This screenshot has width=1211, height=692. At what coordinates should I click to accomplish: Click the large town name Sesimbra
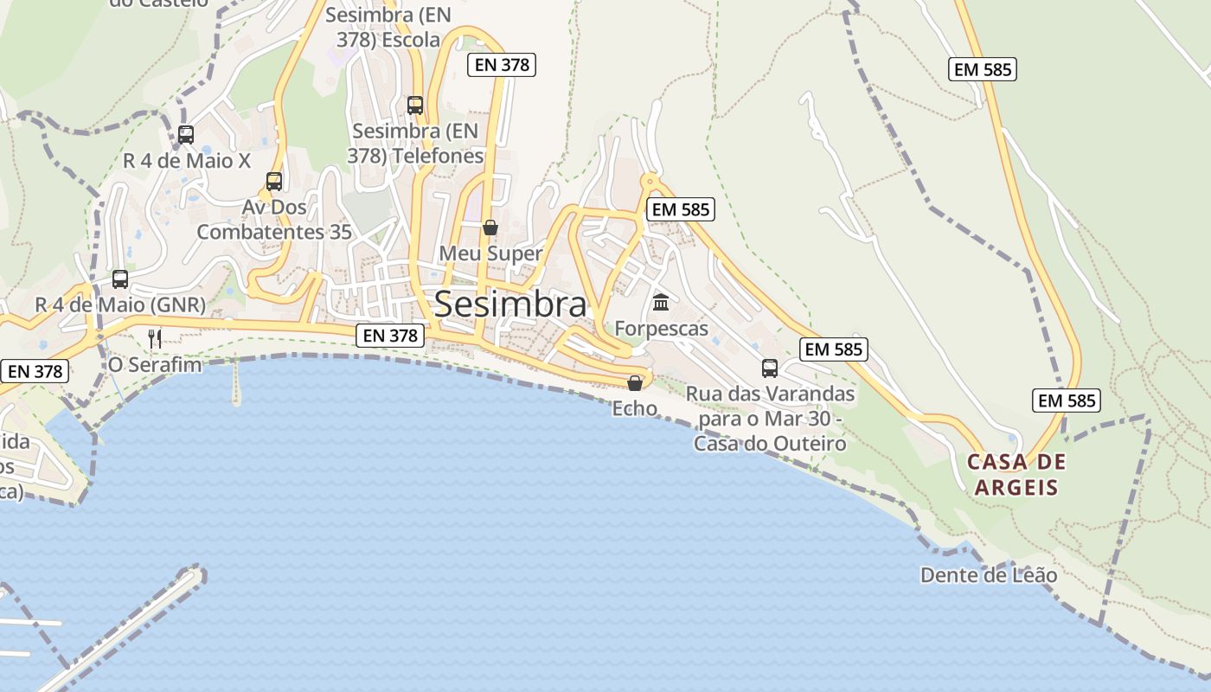[x=510, y=304]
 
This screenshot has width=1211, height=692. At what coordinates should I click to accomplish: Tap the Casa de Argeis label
[x=1016, y=474]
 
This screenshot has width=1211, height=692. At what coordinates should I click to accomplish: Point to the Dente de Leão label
[x=988, y=575]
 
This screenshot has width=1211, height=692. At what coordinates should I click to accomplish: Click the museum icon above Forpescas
[x=662, y=302]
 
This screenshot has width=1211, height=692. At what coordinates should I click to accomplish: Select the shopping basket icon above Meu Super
[x=490, y=227]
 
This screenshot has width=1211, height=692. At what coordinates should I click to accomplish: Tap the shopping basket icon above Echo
[x=635, y=383]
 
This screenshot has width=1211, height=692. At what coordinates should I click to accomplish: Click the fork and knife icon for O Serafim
[x=155, y=338]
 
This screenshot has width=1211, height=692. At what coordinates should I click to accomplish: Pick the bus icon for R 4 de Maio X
[x=186, y=135]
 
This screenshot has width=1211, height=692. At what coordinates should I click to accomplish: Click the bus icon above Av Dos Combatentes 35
[x=274, y=182]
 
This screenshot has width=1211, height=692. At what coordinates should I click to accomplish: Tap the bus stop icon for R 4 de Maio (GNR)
[x=120, y=279]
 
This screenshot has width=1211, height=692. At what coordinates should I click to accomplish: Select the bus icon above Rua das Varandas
[x=770, y=368]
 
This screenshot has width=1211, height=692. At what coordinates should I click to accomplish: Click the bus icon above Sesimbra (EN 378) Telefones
[x=415, y=106]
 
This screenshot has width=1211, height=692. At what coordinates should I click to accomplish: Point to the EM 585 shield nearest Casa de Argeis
[x=1067, y=400]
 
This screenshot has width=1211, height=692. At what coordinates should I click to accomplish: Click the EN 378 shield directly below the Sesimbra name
[x=390, y=336]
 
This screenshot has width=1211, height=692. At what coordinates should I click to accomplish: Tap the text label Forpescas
[x=661, y=329]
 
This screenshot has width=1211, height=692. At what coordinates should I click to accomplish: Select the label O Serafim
[x=154, y=365]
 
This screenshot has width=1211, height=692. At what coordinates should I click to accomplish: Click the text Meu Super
[x=490, y=253]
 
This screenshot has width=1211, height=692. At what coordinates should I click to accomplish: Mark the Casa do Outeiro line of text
[x=770, y=444]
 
